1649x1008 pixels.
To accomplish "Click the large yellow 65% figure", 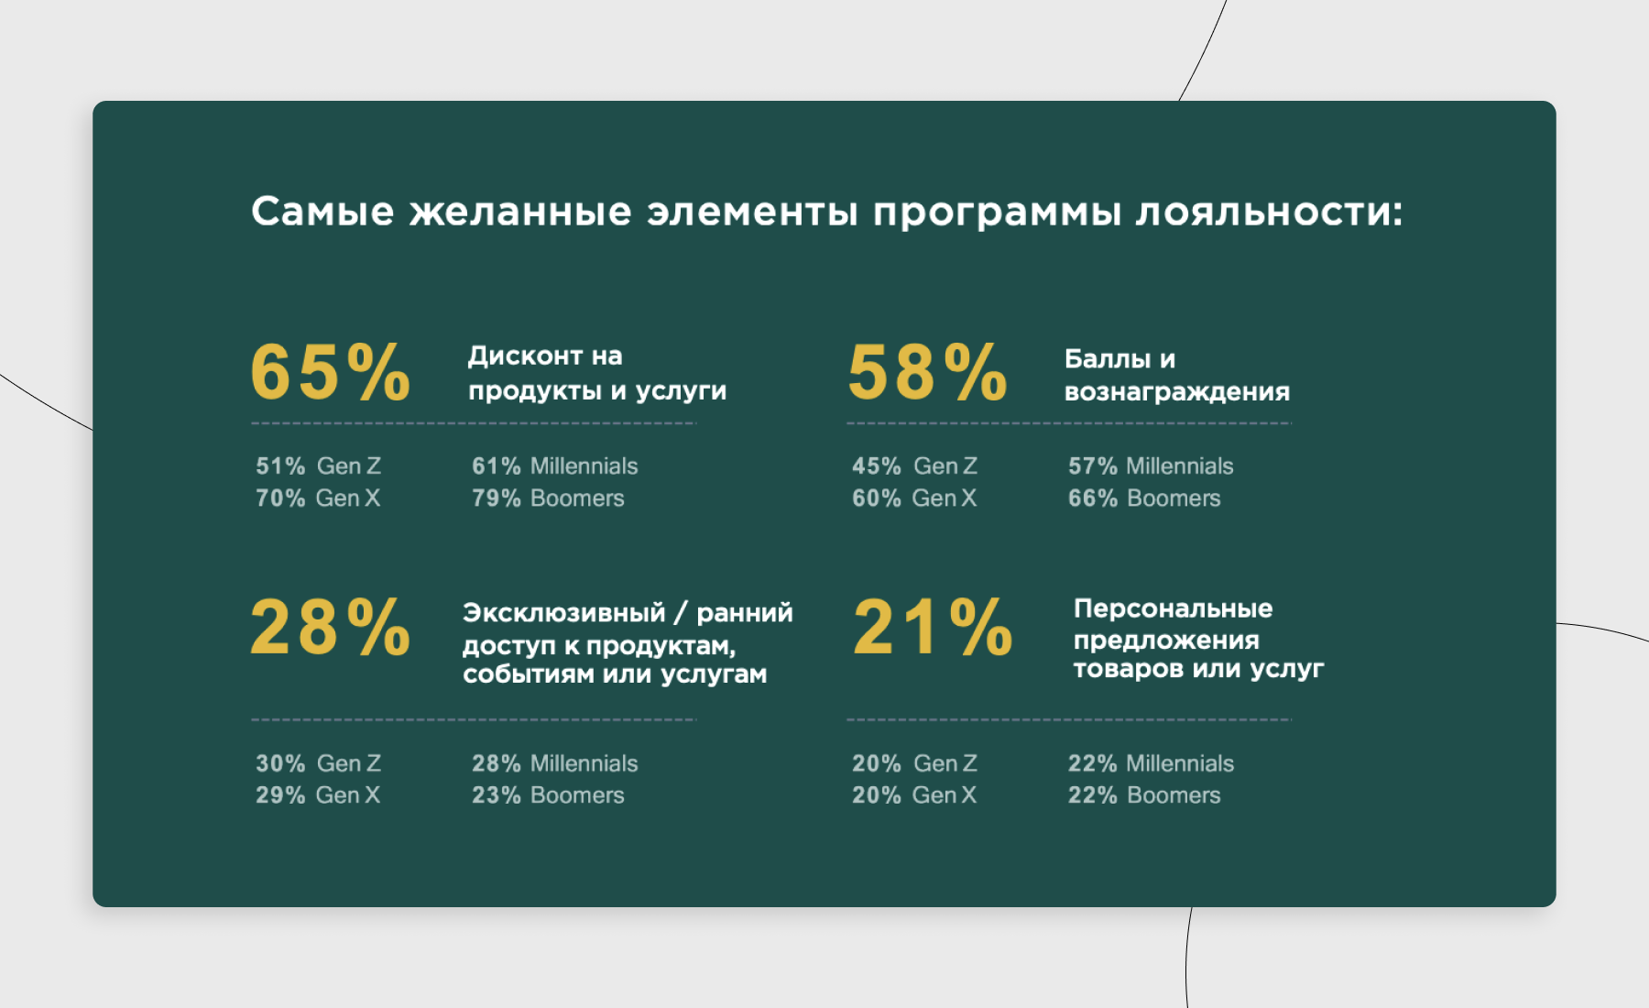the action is (331, 372).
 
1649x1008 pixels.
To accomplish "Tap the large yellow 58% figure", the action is (927, 372).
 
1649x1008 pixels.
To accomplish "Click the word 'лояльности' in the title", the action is (1269, 213).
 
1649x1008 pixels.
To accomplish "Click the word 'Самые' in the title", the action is (322, 212).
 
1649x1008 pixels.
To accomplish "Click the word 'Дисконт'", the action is (526, 356).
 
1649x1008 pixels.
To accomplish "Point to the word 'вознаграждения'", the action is (1177, 393).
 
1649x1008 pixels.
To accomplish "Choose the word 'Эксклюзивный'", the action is (564, 612).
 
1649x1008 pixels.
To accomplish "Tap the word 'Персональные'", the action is (1174, 608).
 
